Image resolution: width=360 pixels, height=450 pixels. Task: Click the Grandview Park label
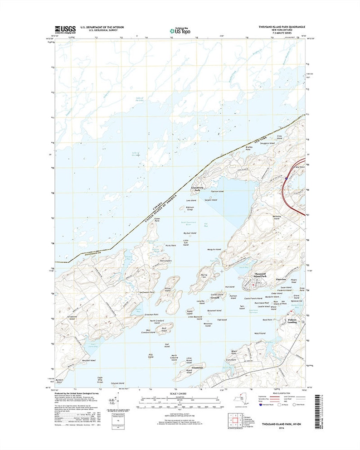click(198, 189)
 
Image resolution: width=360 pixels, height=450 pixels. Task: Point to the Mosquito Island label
click(213, 250)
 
